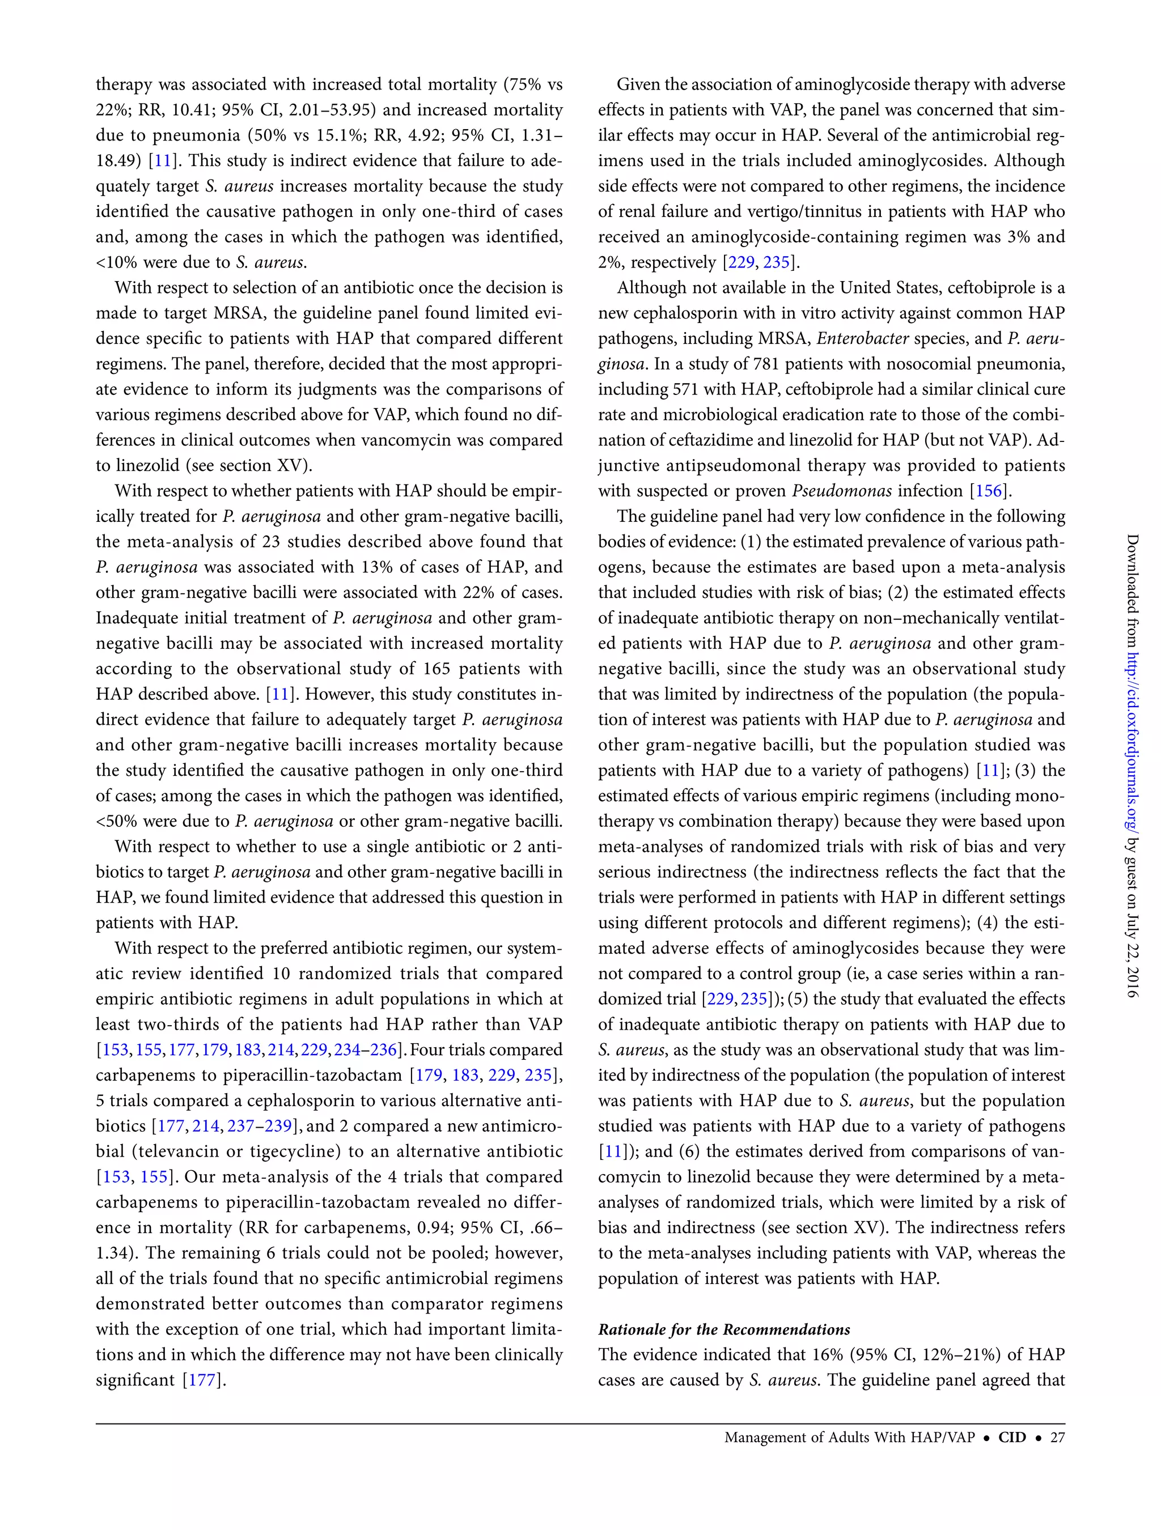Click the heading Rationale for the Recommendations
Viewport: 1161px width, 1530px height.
pyautogui.click(x=724, y=1329)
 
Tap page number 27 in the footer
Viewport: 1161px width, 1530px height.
pyautogui.click(x=1057, y=1436)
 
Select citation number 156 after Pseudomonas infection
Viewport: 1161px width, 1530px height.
pyautogui.click(x=988, y=491)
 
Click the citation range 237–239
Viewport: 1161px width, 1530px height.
pyautogui.click(x=260, y=1126)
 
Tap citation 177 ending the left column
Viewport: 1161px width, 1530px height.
pyautogui.click(x=202, y=1380)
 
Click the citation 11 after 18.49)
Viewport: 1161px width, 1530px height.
pyautogui.click(x=163, y=160)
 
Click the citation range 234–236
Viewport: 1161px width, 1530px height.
pyautogui.click(x=365, y=1050)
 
